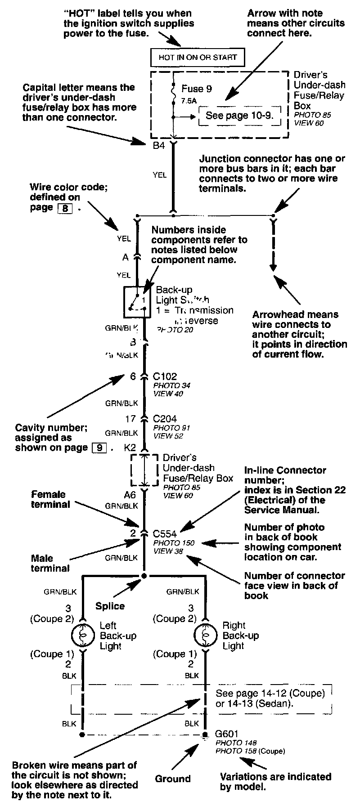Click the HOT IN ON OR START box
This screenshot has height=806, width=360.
click(x=198, y=57)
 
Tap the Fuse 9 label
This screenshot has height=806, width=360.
click(x=197, y=89)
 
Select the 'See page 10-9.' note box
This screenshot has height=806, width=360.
click(x=239, y=116)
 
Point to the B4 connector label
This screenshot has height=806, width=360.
click(x=159, y=146)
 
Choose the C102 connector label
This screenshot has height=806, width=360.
click(x=165, y=377)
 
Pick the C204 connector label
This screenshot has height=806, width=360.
click(x=165, y=419)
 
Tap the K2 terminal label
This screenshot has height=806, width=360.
click(x=130, y=448)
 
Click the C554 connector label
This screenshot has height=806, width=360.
click(x=165, y=534)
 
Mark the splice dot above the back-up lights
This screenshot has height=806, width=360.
click(x=144, y=576)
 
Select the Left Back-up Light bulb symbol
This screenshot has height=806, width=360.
click(x=82, y=636)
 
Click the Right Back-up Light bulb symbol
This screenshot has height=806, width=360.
click(x=205, y=636)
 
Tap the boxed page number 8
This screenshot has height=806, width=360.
click(x=65, y=208)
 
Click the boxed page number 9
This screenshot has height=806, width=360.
click(x=99, y=448)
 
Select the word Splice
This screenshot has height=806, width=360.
click(x=110, y=606)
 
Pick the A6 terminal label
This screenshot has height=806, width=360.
click(x=130, y=495)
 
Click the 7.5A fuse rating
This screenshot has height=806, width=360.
click(x=189, y=101)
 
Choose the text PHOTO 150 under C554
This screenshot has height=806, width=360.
click(x=174, y=543)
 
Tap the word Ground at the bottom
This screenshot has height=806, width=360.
click(x=173, y=779)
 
